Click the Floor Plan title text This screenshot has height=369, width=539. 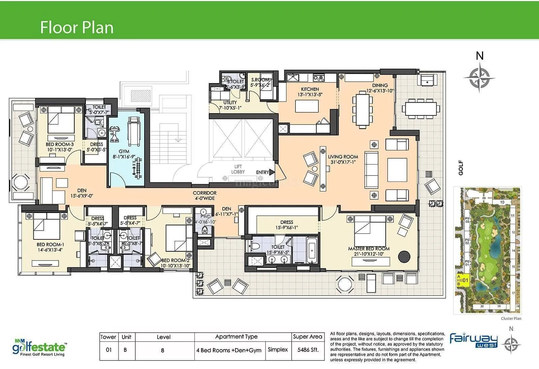[x=76, y=27]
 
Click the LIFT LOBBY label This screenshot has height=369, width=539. [x=238, y=169]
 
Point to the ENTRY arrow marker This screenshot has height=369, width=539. [x=272, y=172]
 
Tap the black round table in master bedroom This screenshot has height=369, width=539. [x=404, y=257]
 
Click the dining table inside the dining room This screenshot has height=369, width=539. [x=362, y=110]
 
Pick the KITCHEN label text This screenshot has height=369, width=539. [x=310, y=89]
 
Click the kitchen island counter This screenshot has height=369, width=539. [x=307, y=106]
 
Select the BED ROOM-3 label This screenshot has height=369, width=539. [x=59, y=144]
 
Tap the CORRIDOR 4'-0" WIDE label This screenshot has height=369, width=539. [x=204, y=196]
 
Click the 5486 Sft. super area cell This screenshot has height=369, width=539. [x=308, y=350]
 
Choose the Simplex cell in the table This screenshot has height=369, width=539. [x=278, y=350]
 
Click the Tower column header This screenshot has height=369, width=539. [x=108, y=337]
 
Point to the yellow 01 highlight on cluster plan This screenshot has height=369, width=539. [x=464, y=280]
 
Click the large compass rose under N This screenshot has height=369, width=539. [x=479, y=78]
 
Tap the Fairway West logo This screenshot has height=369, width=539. [x=473, y=340]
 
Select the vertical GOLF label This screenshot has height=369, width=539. [x=461, y=168]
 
